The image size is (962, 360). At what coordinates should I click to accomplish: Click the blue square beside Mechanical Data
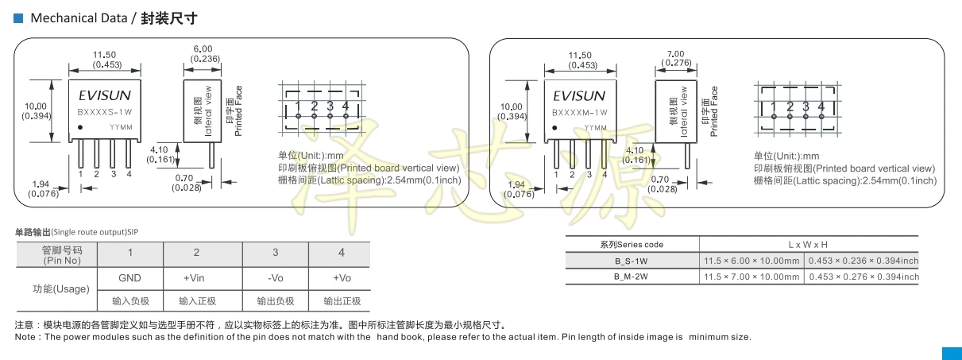18,18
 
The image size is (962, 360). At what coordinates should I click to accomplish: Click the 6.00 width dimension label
203,49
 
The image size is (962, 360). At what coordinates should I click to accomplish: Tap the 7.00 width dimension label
675,54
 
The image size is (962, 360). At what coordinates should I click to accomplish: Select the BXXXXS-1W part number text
105,112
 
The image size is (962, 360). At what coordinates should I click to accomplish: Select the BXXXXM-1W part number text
580,113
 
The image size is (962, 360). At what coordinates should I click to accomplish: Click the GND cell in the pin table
129,278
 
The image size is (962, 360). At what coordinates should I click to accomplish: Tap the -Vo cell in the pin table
276,278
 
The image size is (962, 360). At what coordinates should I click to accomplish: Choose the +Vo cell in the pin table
342,278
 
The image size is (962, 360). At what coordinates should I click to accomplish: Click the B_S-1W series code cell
632,261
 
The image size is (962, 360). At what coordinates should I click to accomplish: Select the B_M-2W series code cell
632,277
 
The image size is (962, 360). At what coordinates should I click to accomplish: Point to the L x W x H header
808,245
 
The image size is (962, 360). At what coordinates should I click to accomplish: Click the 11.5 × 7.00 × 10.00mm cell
751,277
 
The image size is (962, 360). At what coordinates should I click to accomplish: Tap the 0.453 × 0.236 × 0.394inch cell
863,261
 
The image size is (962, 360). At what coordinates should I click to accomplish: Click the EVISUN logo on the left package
105,95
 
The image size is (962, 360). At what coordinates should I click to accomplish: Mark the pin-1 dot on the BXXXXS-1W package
80,127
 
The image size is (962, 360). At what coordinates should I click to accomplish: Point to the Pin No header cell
62,255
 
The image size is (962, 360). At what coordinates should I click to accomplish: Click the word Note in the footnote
25,337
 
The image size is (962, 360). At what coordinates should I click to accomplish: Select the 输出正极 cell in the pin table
342,300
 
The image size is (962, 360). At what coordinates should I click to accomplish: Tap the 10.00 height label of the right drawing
511,106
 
